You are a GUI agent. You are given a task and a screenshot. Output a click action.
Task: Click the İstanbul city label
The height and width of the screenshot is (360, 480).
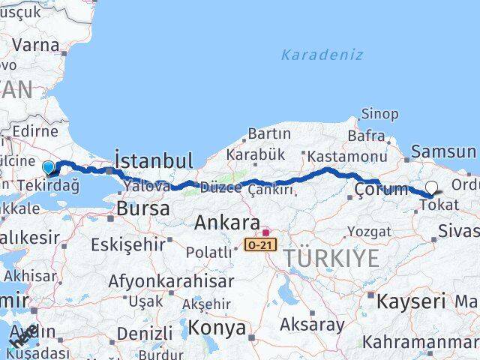click(153, 160)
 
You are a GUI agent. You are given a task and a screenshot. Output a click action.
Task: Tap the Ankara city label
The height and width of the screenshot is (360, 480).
click(227, 223)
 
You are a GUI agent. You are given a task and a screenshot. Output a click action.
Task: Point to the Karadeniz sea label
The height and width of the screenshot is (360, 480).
click(322, 55)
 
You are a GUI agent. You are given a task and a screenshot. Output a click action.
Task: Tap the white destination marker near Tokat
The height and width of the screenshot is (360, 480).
click(431, 189)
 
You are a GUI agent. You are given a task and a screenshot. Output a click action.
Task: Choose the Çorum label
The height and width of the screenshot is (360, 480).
click(381, 188)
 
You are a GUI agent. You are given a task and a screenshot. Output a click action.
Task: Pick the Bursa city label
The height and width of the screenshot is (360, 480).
click(143, 209)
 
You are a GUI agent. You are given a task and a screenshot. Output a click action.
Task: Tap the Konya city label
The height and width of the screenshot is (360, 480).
click(217, 328)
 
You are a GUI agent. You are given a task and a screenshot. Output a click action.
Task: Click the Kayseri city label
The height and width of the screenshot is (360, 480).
click(410, 301)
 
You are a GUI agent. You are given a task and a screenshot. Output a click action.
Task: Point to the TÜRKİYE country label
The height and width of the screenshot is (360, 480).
click(331, 259)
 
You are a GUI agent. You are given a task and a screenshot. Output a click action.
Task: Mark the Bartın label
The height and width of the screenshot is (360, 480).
click(268, 133)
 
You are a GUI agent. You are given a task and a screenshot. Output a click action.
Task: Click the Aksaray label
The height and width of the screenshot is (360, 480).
click(312, 325)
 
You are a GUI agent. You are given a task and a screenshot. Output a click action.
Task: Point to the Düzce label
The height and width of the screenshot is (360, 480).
click(220, 188)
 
